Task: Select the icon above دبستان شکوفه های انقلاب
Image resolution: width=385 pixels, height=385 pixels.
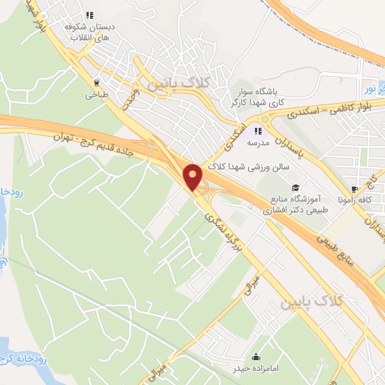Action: [90, 14]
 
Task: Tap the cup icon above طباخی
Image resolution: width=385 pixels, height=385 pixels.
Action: [95, 83]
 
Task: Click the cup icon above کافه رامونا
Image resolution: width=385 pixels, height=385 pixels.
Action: [355, 189]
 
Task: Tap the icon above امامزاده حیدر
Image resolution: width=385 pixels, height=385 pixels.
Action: [256, 356]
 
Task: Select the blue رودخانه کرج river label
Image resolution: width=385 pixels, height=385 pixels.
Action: [22, 358]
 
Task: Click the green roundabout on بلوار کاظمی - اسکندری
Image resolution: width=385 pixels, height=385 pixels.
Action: [265, 119]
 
